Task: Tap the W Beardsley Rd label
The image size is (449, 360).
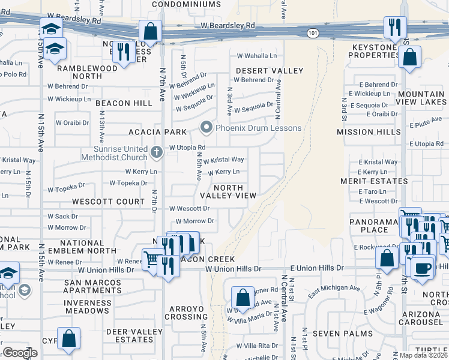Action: click(228, 26)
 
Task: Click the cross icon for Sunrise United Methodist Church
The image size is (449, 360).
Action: click(157, 152)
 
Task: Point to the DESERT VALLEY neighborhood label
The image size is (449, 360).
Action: click(261, 71)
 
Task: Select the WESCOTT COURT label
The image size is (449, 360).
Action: click(109, 202)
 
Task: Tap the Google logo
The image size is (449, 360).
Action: click(20, 353)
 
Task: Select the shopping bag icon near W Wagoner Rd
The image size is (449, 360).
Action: click(243, 296)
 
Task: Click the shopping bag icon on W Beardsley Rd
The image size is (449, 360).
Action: click(150, 31)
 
